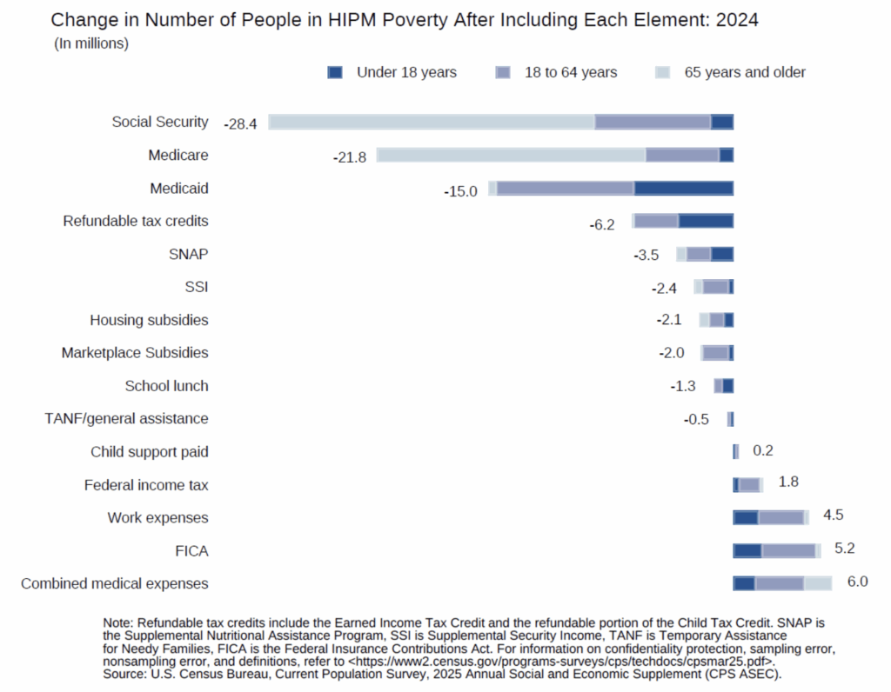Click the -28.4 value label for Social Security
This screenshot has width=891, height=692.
click(x=240, y=123)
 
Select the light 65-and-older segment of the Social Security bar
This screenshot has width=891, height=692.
click(x=432, y=123)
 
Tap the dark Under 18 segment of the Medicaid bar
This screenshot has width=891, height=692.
click(x=684, y=189)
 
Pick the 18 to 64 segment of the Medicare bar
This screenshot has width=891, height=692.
click(x=682, y=156)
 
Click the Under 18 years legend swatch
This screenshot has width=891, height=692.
click(x=335, y=73)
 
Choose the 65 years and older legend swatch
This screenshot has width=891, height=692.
click(x=663, y=73)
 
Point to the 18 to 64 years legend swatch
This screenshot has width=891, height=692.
click(x=502, y=73)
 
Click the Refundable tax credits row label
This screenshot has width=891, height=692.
click(x=136, y=221)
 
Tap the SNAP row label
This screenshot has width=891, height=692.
click(x=189, y=254)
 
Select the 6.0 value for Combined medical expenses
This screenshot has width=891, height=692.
click(x=857, y=582)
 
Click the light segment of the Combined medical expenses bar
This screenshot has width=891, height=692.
click(x=818, y=583)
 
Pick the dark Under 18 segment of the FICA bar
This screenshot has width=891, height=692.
click(x=747, y=550)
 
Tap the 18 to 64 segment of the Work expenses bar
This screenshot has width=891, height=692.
click(x=780, y=517)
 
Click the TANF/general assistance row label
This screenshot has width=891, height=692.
click(x=126, y=418)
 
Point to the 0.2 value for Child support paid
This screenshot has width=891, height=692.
click(x=763, y=450)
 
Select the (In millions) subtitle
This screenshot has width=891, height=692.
click(x=91, y=43)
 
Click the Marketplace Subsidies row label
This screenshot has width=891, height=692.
click(x=135, y=353)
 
